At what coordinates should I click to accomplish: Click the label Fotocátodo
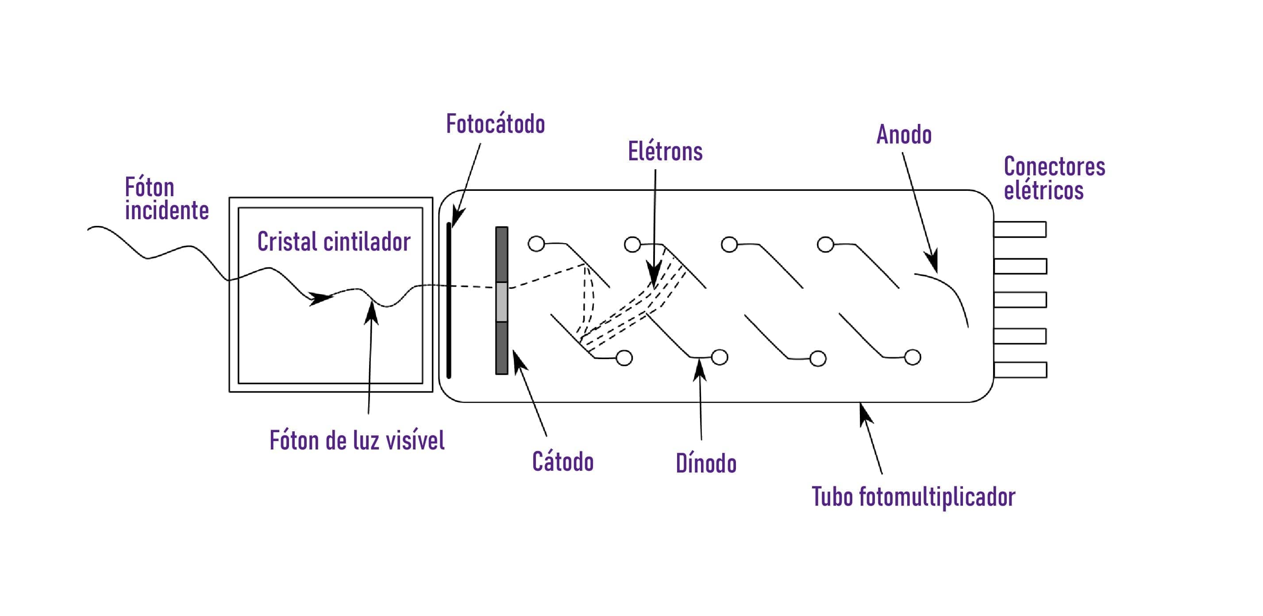495,124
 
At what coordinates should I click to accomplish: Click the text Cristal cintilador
334,241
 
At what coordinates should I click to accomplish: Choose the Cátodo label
563,461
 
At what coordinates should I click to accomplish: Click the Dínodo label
706,463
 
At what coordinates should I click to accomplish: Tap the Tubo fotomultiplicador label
913,497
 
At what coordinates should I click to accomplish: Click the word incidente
167,210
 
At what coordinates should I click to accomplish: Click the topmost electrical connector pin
1020,229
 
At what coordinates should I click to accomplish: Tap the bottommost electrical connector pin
1020,370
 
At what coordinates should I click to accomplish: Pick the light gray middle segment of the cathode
501,302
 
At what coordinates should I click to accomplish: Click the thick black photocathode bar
449,300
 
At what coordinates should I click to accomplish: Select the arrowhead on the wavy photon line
319,297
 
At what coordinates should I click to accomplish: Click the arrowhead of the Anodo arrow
932,261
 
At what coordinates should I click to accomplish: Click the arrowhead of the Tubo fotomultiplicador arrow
865,414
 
